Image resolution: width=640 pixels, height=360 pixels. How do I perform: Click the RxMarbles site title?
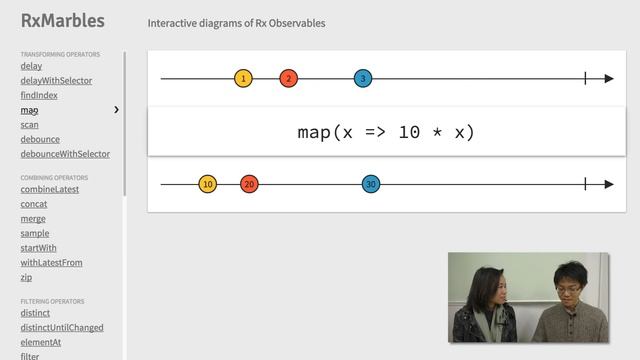click(62, 21)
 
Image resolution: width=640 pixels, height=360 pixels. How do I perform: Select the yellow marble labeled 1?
click(243, 78)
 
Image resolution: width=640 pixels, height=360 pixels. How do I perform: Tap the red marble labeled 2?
click(288, 78)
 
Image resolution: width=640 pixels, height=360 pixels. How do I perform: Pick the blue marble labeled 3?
click(363, 78)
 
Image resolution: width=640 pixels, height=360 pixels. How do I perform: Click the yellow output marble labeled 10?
click(207, 184)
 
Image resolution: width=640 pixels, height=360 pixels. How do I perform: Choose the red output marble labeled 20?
click(249, 184)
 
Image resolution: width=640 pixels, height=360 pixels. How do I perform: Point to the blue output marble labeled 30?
click(371, 184)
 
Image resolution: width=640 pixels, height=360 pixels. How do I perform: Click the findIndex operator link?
click(40, 95)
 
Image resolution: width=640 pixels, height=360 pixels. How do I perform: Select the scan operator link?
click(29, 125)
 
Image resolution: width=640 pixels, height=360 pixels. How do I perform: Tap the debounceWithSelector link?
click(65, 154)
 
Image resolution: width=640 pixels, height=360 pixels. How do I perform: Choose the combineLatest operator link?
click(49, 189)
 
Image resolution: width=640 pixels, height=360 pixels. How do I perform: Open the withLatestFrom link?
click(51, 262)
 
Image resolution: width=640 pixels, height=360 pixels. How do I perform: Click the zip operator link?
click(26, 277)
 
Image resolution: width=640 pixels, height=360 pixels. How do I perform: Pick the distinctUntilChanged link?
click(61, 327)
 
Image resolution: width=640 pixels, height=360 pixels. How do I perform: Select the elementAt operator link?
click(42, 342)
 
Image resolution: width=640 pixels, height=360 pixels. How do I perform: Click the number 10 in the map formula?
click(409, 132)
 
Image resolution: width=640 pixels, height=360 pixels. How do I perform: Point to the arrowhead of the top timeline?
click(608, 78)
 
